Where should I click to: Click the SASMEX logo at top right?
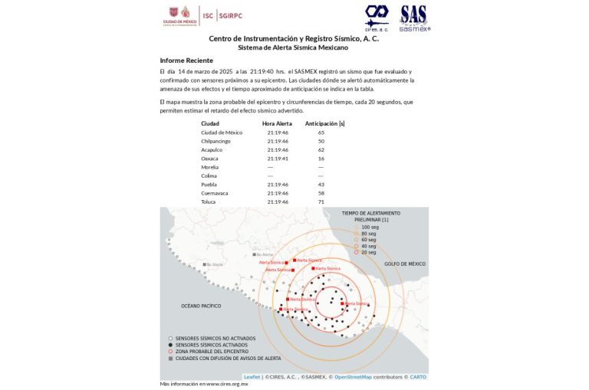tap(414, 18)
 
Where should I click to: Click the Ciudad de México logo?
tap(180, 15)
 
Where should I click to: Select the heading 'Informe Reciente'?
tap(186, 60)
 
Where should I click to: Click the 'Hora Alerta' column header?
tap(277, 123)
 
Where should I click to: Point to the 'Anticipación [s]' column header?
tap(324, 123)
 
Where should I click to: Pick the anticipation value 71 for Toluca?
tap(321, 202)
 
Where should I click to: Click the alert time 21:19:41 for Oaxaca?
tap(278, 159)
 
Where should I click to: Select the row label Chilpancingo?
tap(216, 141)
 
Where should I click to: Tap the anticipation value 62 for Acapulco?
tap(321, 149)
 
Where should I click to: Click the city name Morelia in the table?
tap(209, 167)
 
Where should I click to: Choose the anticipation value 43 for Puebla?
tap(321, 185)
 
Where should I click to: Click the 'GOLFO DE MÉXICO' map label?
tap(405, 264)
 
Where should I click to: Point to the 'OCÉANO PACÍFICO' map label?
tap(201, 306)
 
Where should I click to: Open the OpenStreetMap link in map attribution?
tap(353, 377)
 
